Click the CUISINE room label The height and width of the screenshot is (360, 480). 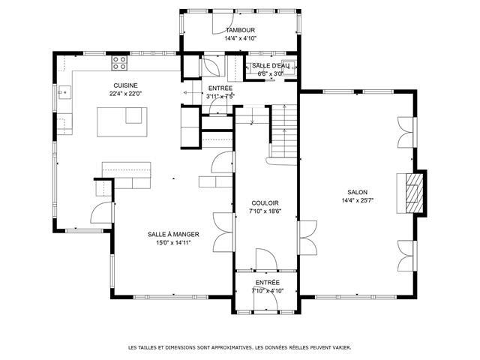125,85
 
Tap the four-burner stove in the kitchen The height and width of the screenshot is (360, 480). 119,63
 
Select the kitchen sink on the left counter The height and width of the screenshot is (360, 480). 64,92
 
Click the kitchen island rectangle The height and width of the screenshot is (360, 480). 122,121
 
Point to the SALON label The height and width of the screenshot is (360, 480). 357,192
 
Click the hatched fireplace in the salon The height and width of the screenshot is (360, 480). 415,193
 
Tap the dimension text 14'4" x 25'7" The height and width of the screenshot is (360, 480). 358,201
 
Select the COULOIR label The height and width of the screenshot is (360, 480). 265,203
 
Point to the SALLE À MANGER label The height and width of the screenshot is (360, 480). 173,235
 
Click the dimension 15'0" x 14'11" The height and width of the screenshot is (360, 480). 173,243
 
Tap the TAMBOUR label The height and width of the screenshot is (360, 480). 240,30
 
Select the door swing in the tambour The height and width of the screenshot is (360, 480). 223,23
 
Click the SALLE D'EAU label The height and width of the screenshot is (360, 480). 270,65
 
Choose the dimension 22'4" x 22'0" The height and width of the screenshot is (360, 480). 126,94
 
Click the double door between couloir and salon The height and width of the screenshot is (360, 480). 307,238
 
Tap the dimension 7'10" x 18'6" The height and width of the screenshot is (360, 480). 265,211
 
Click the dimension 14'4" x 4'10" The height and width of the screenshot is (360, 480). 240,38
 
